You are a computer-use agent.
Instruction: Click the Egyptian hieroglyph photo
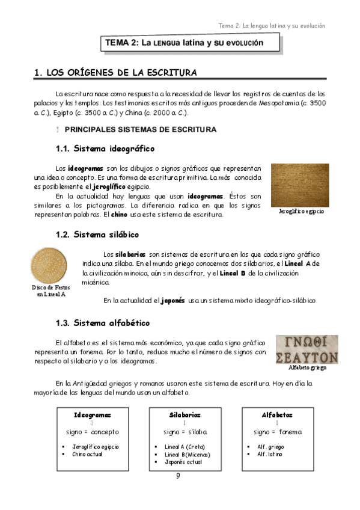(300, 185)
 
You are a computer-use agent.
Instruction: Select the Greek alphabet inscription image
(307, 349)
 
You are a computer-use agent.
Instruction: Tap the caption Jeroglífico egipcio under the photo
(302, 212)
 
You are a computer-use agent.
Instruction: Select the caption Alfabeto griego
(307, 367)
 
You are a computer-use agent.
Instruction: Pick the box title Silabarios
(185, 415)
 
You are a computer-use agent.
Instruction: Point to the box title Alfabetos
(277, 415)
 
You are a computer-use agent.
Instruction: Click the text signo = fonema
(277, 432)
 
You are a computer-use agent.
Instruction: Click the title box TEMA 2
(184, 43)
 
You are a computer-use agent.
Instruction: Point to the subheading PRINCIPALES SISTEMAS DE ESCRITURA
(140, 129)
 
